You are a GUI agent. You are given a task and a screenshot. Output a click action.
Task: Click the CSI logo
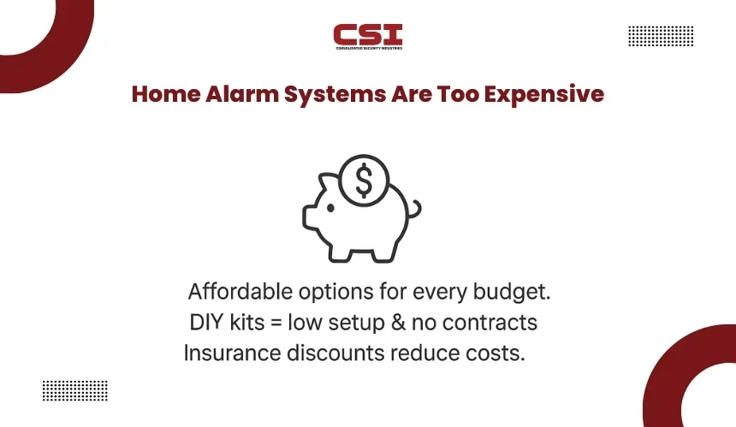click(368, 37)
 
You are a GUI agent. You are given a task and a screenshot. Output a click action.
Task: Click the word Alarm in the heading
click(242, 94)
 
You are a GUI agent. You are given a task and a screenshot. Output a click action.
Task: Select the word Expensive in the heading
click(544, 95)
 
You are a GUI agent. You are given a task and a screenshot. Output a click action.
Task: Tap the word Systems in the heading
click(335, 95)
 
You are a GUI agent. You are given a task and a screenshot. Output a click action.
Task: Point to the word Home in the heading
click(166, 94)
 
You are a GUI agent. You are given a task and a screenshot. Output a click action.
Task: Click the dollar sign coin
click(364, 181)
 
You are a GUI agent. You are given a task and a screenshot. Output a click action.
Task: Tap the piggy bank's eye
click(330, 208)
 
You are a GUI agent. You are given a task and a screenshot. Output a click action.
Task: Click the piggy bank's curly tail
click(414, 209)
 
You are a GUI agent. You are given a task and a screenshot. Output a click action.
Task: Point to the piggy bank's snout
click(309, 217)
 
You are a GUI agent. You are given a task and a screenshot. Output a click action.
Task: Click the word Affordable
click(240, 292)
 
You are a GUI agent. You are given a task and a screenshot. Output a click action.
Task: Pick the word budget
click(512, 293)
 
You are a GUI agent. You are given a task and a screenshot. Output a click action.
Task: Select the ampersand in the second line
click(398, 323)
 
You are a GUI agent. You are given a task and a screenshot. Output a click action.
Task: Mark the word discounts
click(336, 353)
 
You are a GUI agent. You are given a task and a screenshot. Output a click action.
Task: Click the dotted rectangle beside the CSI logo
click(661, 36)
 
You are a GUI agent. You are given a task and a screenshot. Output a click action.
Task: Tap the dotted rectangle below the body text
click(75, 390)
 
